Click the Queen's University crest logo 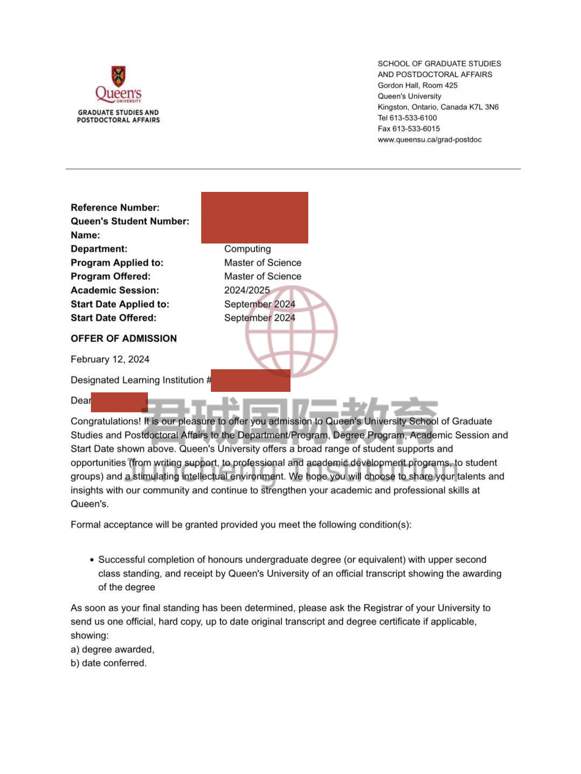click(118, 76)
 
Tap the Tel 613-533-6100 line click(407, 118)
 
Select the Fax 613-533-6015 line click(409, 128)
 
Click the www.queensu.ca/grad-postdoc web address click(429, 140)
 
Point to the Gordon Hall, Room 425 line click(417, 85)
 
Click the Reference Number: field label click(115, 207)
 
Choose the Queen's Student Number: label click(130, 221)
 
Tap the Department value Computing click(247, 249)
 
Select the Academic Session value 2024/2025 click(247, 290)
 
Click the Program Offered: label click(110, 276)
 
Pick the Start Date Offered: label click(114, 318)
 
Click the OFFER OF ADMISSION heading click(124, 339)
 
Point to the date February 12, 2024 click(110, 360)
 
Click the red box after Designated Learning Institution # click(251, 381)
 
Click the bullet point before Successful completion click(92, 560)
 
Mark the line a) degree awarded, click(112, 649)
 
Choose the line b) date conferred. click(109, 663)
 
